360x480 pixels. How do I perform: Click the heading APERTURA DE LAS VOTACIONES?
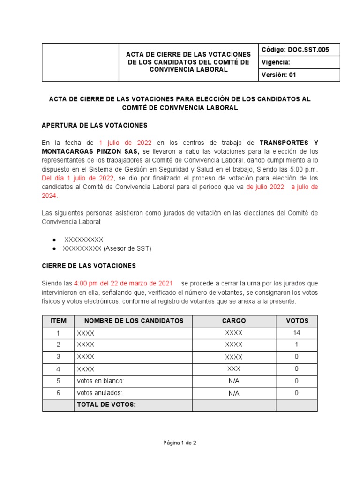95,125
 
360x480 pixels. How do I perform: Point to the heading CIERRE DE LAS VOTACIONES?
89,266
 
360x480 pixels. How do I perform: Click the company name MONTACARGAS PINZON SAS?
90,151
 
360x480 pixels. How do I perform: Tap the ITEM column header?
58,321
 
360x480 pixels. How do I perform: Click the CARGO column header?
233,321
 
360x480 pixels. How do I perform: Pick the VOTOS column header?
296,321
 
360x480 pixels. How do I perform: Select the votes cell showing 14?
296,333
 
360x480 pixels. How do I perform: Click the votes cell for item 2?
296,345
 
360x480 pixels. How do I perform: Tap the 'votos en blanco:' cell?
100,381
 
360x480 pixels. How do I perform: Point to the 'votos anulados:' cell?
99,393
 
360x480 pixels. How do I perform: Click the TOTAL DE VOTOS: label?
106,405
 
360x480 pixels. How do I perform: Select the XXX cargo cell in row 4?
233,369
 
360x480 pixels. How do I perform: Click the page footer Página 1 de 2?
180,442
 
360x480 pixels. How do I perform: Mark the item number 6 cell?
58,393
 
